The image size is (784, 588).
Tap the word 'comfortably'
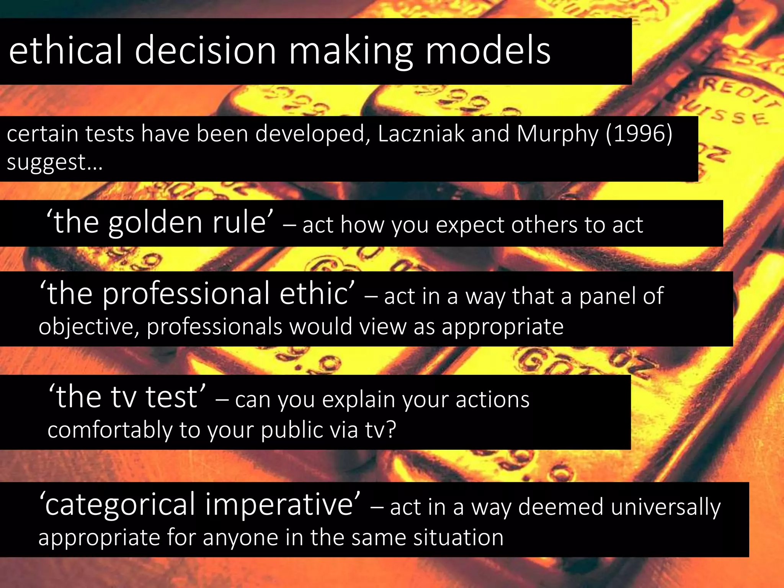pos(109,430)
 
